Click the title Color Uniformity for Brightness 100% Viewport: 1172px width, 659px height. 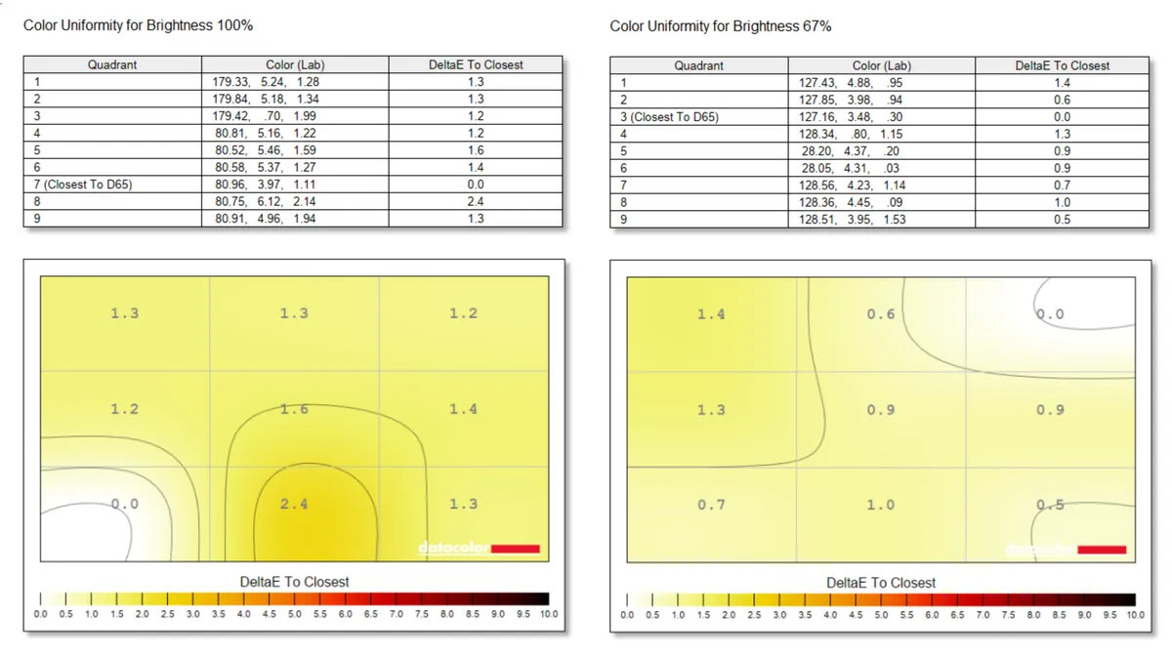(139, 25)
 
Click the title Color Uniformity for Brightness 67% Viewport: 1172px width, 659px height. (721, 26)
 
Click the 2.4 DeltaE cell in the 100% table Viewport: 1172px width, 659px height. (476, 201)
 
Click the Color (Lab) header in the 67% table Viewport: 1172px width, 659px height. (881, 65)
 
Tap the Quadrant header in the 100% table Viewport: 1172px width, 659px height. (112, 65)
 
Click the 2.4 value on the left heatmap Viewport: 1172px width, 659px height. (294, 504)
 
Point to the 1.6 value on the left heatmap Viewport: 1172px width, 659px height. (294, 409)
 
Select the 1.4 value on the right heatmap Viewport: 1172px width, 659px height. (711, 314)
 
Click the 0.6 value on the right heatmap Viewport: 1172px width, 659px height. (881, 314)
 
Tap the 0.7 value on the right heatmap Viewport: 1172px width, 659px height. (711, 505)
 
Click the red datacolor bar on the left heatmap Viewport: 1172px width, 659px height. (515, 549)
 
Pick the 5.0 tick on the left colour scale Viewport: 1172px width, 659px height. (295, 615)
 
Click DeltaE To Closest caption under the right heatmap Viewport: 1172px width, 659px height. (881, 583)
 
